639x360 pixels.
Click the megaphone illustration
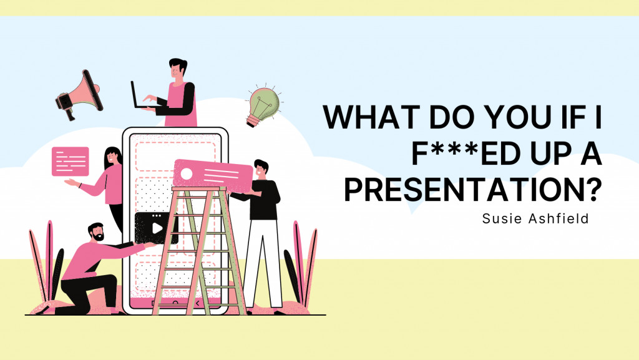point(79,95)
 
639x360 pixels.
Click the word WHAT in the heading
point(371,117)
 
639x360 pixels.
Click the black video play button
point(157,228)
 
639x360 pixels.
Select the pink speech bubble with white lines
point(70,161)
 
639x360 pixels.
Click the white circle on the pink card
point(186,174)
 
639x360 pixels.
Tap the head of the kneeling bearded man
point(96,231)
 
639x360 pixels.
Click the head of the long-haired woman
point(112,157)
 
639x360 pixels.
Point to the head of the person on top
point(178,69)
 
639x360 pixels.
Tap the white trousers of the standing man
point(263,263)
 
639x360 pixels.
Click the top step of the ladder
point(199,189)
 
